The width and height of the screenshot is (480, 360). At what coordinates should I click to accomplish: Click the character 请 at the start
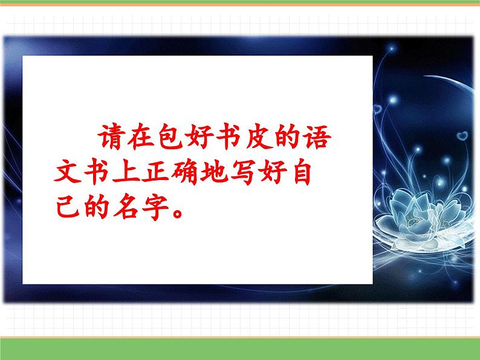pos(112,137)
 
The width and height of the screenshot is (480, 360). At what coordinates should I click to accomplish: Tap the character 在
pos(140,137)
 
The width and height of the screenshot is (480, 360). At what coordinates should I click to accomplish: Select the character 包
pos(171,137)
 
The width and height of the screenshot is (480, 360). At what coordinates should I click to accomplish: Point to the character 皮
pos(259,137)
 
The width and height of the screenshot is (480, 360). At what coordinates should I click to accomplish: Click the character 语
pos(317,137)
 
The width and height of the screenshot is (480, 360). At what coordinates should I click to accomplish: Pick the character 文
pos(68,172)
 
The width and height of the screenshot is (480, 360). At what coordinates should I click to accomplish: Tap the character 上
pos(126,172)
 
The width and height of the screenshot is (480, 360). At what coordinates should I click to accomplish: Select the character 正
pos(155,172)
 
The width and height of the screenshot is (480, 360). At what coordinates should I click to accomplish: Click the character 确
pos(185,172)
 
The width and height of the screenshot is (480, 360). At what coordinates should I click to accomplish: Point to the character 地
pos(214,172)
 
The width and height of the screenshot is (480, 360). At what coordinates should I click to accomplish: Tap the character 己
pos(68,207)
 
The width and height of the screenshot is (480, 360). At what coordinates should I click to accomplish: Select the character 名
pos(126,207)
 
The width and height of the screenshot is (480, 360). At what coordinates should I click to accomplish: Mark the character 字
pos(155,207)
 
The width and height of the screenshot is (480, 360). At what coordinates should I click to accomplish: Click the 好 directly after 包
pos(199,137)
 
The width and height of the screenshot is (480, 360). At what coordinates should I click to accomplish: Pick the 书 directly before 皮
pos(229,137)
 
